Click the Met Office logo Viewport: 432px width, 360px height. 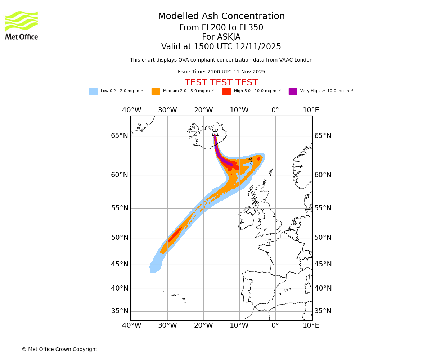pos(22,25)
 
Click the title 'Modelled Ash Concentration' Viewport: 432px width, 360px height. pos(221,17)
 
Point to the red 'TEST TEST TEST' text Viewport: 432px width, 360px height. pos(221,83)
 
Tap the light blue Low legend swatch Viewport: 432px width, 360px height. pos(93,91)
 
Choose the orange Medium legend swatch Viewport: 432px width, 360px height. pos(156,91)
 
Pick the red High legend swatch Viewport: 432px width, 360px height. pos(226,91)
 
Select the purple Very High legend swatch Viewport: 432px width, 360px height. pos(293,91)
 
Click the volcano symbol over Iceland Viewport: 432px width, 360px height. pos(215,133)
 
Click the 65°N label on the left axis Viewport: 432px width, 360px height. pos(120,136)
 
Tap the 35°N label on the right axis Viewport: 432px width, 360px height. pos(323,311)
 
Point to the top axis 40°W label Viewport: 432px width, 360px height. pos(131,110)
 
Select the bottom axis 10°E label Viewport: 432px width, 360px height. pos(311,325)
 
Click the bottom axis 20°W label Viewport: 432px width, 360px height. pos(203,325)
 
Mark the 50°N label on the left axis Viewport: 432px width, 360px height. pos(120,238)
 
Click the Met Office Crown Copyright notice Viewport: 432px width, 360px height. pos(59,349)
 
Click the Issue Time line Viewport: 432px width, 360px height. pos(221,72)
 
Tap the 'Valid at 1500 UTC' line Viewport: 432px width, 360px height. pos(221,47)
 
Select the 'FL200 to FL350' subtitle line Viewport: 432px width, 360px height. pos(221,28)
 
